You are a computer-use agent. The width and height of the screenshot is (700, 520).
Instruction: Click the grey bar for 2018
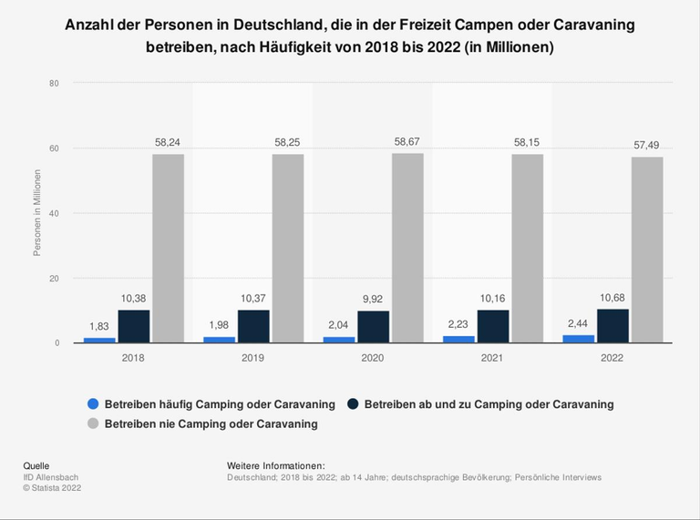point(168,248)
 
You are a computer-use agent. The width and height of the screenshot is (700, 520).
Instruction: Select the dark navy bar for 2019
point(253,326)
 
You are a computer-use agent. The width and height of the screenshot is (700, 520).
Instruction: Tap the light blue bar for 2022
point(579,339)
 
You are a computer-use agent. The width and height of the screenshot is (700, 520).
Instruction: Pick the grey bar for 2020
point(407,248)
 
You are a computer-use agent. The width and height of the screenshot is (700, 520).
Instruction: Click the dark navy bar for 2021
point(493,326)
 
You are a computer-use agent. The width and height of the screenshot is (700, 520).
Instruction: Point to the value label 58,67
point(407,144)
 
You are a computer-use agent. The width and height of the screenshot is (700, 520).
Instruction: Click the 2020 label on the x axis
point(374,358)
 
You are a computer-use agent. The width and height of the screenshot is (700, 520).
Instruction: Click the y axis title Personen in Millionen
point(37,213)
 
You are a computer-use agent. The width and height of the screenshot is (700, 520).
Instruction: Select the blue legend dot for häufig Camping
point(93,403)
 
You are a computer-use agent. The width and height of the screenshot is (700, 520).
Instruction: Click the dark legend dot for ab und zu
point(352,403)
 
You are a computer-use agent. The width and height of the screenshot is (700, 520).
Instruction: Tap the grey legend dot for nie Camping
point(93,423)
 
